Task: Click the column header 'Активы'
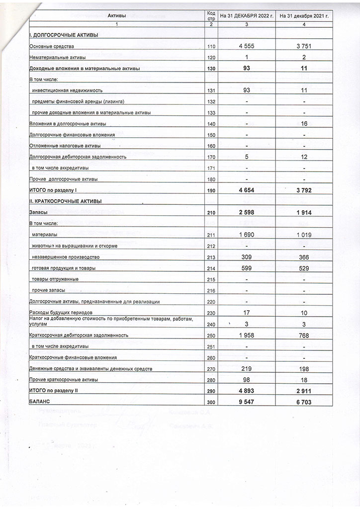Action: coord(117,16)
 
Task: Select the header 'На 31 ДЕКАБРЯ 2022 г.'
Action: coord(247,16)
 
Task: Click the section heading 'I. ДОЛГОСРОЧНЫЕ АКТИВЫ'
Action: coord(64,35)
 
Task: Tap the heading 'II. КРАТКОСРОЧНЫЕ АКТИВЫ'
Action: coord(66,201)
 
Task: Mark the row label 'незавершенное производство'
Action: coord(66,257)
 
